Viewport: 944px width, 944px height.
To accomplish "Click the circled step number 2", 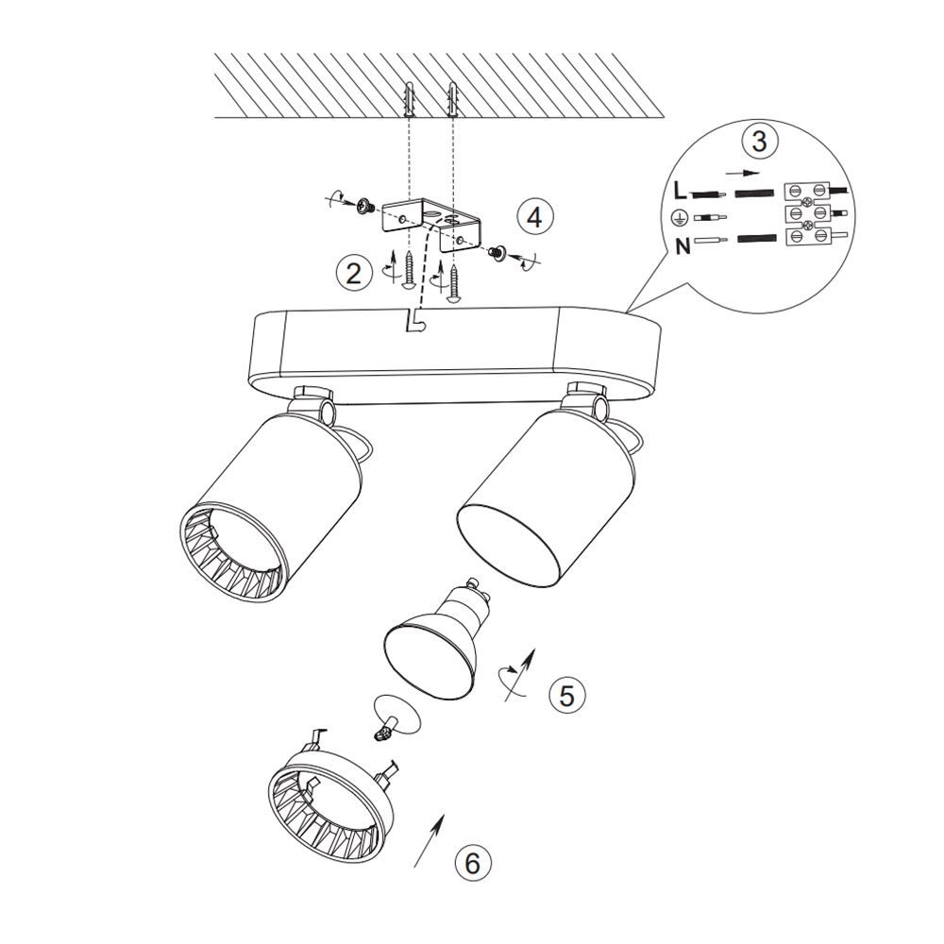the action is (354, 274).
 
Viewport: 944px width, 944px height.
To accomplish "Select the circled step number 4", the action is (534, 217).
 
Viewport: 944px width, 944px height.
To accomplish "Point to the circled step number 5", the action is (567, 696).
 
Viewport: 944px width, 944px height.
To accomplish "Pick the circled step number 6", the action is (473, 864).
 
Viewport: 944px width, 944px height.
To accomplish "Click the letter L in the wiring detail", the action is (680, 192).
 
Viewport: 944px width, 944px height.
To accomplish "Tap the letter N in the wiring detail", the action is (683, 246).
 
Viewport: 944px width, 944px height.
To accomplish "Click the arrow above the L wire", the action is (742, 173).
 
